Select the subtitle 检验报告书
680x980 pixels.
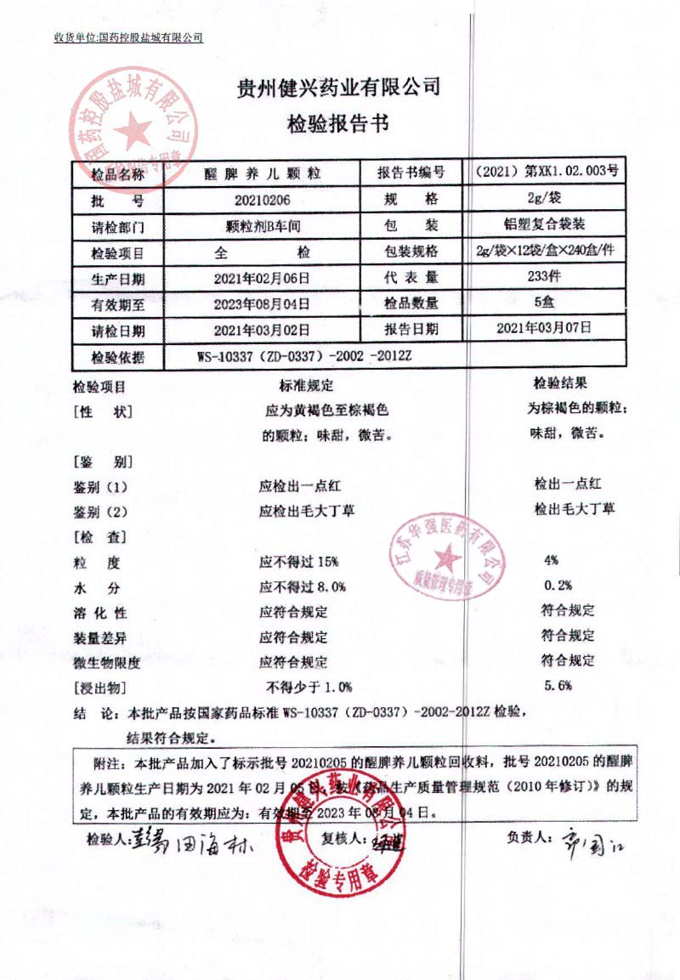click(337, 124)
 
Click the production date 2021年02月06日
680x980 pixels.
click(261, 278)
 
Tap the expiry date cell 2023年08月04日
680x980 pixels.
click(261, 303)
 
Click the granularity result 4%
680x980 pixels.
click(551, 560)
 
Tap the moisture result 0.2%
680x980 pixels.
click(557, 585)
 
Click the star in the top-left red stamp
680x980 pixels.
click(133, 132)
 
